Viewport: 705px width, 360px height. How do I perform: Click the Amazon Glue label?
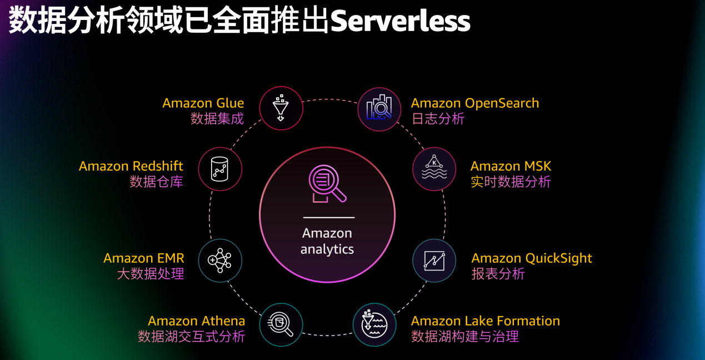pos(203,103)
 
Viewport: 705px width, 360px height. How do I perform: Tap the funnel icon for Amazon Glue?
pos(281,108)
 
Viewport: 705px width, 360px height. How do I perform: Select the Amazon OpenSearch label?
pos(475,103)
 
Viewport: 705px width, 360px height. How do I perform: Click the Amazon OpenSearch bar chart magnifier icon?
pos(379,109)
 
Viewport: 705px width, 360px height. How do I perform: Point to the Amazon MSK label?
pos(511,166)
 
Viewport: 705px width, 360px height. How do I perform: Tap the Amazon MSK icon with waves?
pos(434,168)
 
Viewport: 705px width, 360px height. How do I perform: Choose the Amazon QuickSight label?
pos(532,258)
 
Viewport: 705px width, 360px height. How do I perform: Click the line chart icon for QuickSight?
pos(434,261)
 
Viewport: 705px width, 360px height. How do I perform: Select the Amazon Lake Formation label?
pos(485,321)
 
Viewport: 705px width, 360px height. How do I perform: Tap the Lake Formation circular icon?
pos(374,324)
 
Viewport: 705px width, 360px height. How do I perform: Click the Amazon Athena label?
pos(196,321)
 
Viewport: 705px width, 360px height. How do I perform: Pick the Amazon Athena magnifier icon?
pos(281,324)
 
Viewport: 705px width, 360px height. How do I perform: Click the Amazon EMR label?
pos(143,258)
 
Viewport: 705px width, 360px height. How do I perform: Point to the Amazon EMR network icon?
pos(220,261)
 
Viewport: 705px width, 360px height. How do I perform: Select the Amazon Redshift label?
pos(131,166)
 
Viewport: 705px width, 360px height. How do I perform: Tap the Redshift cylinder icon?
pos(220,169)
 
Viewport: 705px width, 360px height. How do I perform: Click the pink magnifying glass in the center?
pos(327,183)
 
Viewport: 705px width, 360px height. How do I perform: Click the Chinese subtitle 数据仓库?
pos(156,182)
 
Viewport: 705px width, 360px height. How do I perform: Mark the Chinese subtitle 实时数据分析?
pos(511,182)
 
